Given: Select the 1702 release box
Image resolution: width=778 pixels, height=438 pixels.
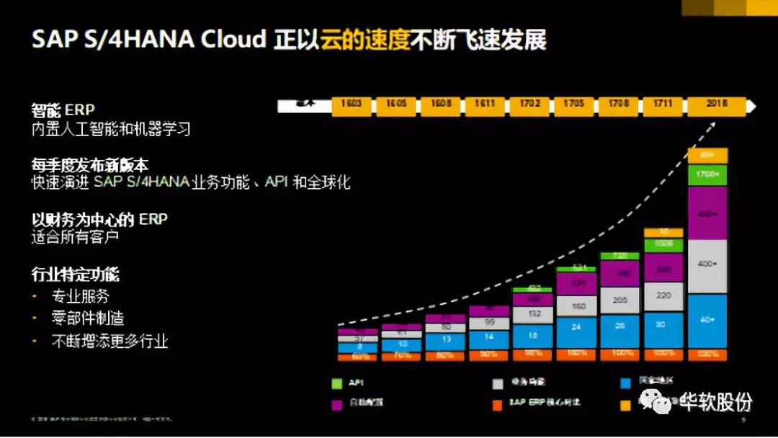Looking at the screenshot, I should coord(529,104).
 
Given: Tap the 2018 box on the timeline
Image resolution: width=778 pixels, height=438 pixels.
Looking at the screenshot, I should coord(716,104).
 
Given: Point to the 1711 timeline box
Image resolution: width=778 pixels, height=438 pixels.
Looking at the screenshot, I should coord(663,104).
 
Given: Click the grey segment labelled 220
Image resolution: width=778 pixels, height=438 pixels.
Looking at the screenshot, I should coord(663,295).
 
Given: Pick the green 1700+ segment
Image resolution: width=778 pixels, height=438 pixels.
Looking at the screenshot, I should coord(707,174).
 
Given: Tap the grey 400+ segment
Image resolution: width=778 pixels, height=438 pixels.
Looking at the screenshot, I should coord(707,264).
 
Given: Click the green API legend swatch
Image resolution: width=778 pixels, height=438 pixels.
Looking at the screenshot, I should coord(336,383).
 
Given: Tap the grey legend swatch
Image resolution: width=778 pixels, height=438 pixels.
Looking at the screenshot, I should coord(497,383).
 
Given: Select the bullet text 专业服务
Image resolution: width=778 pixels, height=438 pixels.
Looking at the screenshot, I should coord(81,297).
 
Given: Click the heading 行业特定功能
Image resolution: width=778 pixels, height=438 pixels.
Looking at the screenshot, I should coord(75,275).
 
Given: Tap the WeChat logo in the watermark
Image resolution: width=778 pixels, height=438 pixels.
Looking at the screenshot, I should coord(658,401).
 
